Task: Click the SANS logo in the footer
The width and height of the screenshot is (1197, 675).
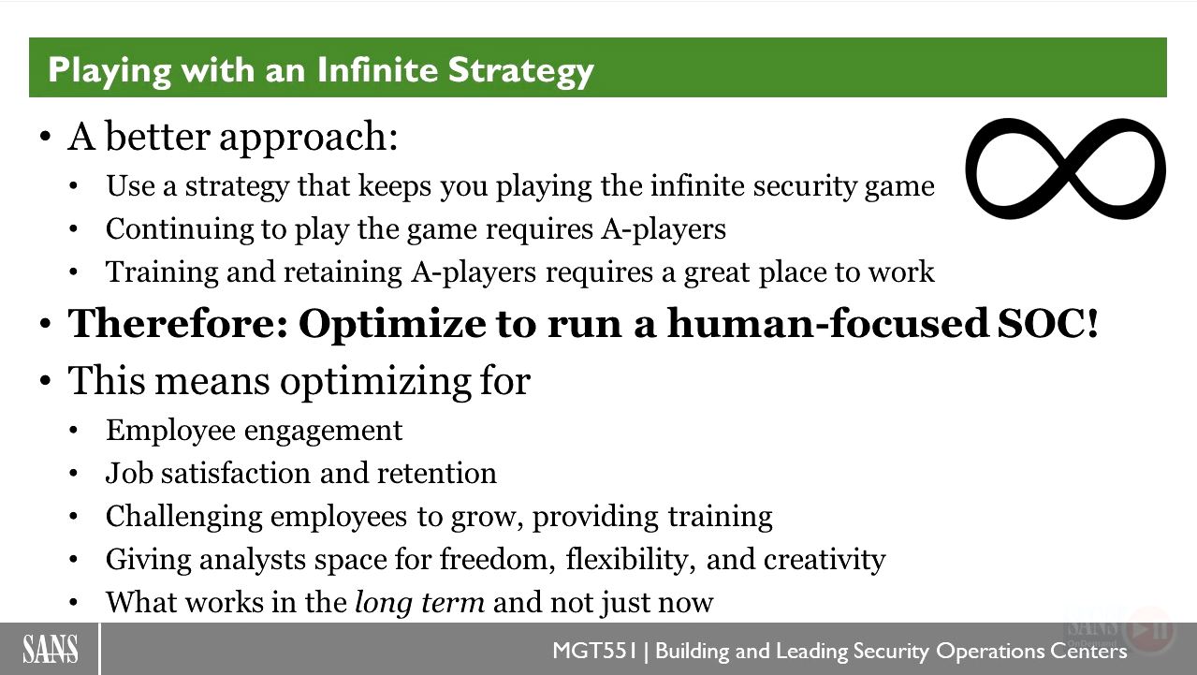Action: [51, 649]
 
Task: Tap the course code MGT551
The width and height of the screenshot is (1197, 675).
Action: [595, 651]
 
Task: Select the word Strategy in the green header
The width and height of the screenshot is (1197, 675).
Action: [521, 71]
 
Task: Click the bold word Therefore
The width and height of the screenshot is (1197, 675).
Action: [178, 323]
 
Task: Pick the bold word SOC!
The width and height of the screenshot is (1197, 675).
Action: [1048, 323]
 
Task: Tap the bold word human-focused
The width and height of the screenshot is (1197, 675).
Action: [828, 323]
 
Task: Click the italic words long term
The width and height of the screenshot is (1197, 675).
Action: [420, 602]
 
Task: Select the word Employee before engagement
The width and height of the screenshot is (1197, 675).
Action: [170, 431]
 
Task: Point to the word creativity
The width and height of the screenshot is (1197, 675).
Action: [825, 560]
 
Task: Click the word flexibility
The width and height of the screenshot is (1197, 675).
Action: [631, 560]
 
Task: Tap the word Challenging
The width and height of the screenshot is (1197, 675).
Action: [183, 517]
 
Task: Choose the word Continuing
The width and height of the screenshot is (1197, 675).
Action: [180, 229]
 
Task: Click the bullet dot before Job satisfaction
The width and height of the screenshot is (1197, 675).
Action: [74, 474]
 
